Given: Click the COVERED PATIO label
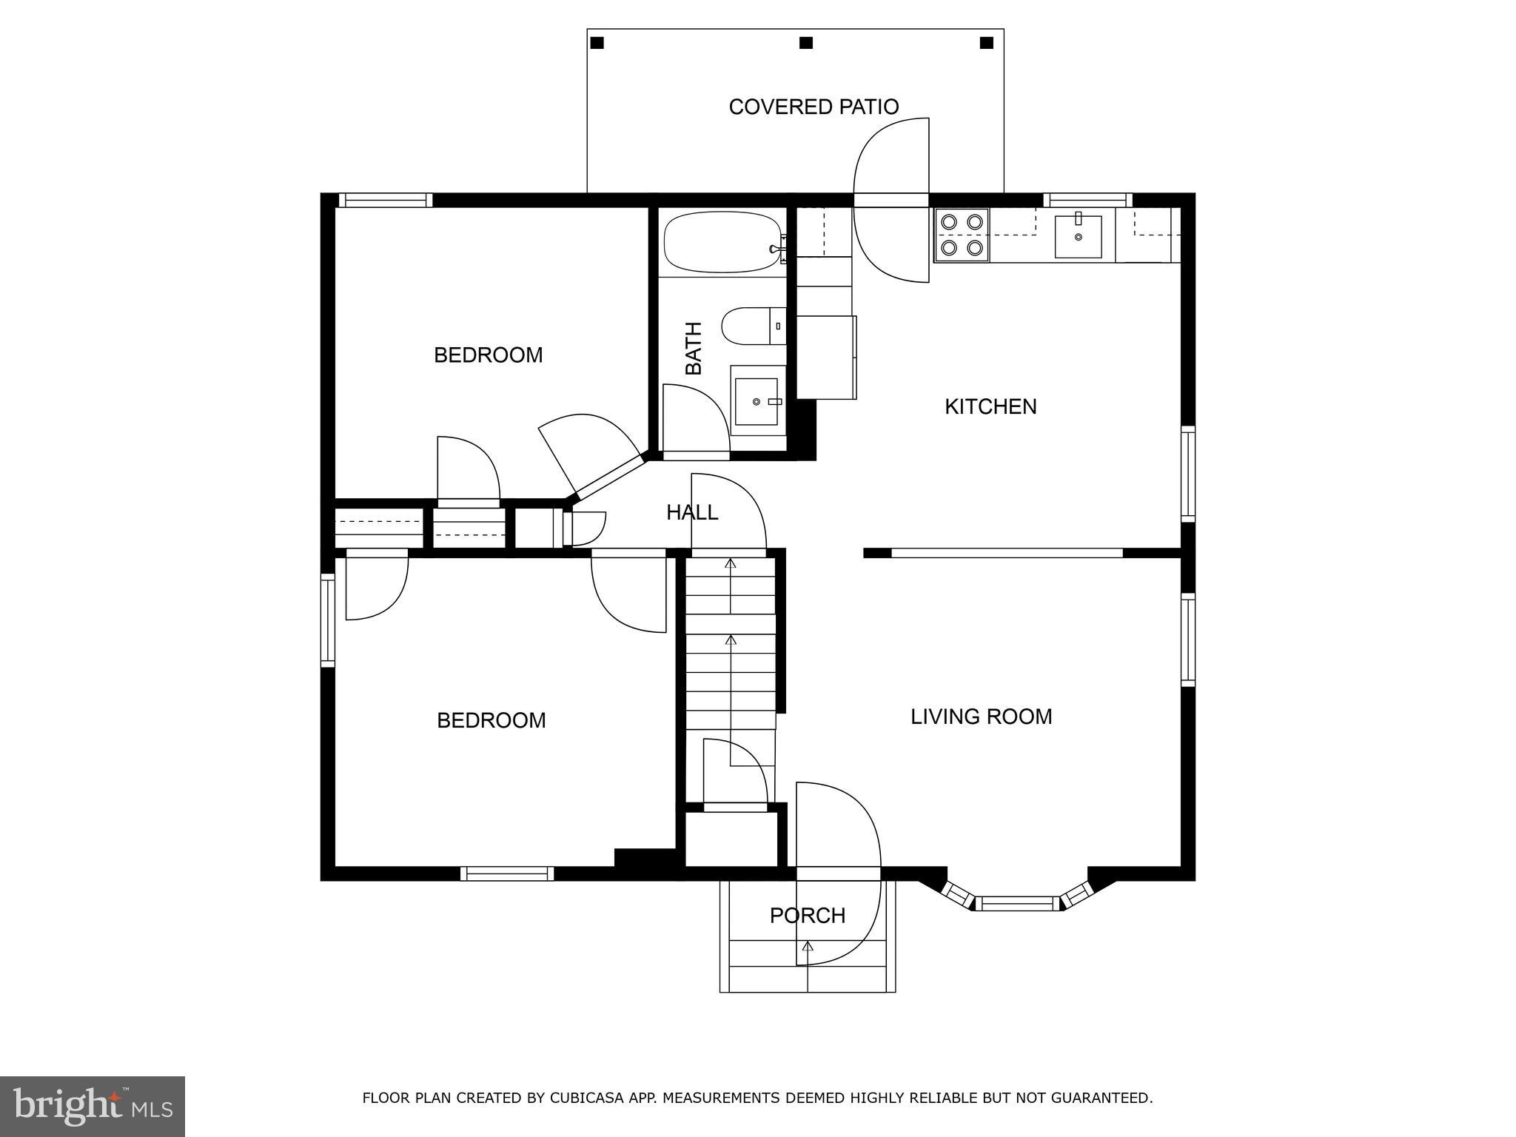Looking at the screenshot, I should [x=813, y=107].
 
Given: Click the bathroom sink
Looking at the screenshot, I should [x=757, y=401].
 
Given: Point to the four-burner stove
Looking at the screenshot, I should [x=961, y=235].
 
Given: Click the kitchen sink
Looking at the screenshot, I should [x=1078, y=236].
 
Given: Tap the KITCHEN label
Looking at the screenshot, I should [x=990, y=406].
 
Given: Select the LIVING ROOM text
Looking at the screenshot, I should [x=981, y=717].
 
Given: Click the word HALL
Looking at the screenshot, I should [x=691, y=512].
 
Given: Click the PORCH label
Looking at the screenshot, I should [x=807, y=916].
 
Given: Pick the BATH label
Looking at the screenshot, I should [x=694, y=348].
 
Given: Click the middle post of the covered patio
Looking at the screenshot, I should [x=806, y=43].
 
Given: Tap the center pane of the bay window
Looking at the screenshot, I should [x=1017, y=903].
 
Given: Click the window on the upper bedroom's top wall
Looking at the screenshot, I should [x=385, y=200].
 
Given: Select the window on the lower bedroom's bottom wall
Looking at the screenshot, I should [x=507, y=873].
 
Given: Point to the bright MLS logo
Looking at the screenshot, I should [x=93, y=1105].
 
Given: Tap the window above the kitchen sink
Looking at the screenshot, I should [x=1087, y=199].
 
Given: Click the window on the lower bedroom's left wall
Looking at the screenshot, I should [x=327, y=620].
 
